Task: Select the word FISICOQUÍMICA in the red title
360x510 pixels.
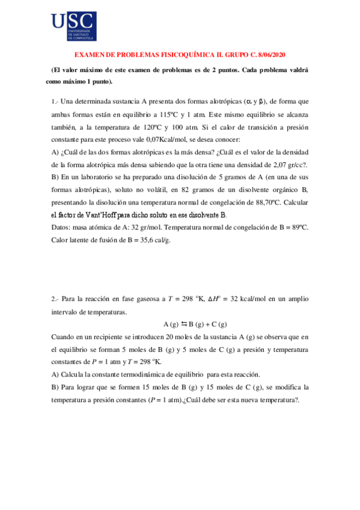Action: point(175,55)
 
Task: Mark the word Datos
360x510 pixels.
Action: point(62,227)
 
